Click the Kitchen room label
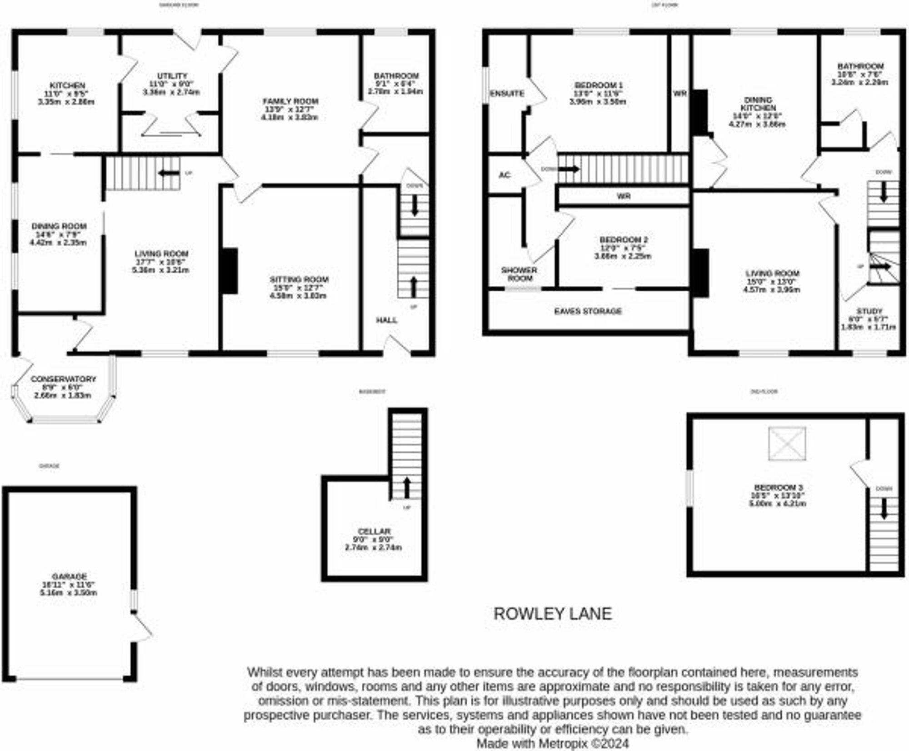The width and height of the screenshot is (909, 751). pos(67,85)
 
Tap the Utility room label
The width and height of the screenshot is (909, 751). pos(172,76)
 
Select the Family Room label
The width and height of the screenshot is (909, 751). pos(290,101)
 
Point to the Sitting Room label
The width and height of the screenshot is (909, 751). pos(299,279)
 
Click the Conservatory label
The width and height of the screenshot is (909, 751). pos(63,379)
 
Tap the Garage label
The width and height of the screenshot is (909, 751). pos(69,576)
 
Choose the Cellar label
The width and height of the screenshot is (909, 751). pos(374,531)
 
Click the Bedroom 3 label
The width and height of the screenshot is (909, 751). pos(778,487)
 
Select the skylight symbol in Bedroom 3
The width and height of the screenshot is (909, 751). pos(787,443)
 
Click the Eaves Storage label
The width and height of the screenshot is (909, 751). pos(588,311)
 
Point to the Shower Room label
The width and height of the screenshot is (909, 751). pos(519,274)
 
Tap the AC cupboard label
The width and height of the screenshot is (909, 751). pos(504,175)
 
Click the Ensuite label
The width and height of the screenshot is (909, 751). pos(507,94)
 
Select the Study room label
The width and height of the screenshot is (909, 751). pos(869,311)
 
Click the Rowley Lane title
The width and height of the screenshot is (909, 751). pos(553,614)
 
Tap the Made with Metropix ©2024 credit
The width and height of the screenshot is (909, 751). pos(553,744)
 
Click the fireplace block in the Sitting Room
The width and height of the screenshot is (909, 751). pos(230,271)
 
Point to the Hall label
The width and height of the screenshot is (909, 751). pos(386,320)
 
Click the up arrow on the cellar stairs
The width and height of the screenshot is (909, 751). pos(407,487)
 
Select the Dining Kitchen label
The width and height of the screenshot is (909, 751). pos(758,104)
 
